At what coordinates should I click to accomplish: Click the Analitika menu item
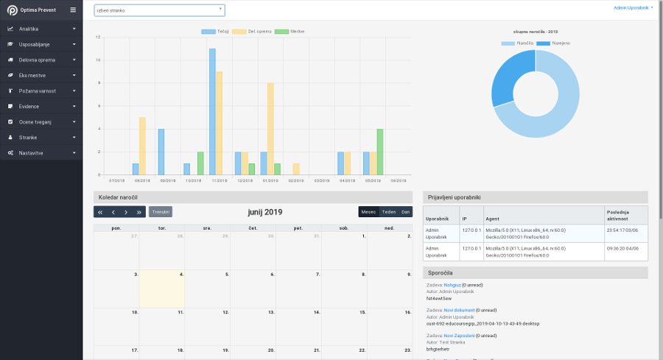coord(29,29)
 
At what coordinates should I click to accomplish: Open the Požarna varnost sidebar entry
coord(38,91)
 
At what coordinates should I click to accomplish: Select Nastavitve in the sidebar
coord(32,152)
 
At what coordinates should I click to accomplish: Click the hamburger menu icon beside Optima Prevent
coord(72,10)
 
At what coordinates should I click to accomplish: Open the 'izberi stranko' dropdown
coord(159,10)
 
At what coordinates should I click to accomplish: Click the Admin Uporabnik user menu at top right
coord(633,7)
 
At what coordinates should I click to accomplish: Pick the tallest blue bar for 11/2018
coord(212,111)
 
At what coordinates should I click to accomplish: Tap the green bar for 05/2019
coord(380,152)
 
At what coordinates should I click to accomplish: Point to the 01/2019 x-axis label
coord(270,180)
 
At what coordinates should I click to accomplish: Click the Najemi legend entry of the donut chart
coord(553,43)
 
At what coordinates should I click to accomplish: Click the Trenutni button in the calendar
coord(161,212)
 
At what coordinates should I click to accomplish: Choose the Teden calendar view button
coord(388,212)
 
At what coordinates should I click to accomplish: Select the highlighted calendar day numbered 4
coord(162,289)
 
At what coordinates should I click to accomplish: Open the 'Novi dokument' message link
coord(459,310)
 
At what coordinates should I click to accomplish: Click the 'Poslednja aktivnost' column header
coord(625,214)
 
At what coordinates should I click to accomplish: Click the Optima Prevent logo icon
coord(13,10)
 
